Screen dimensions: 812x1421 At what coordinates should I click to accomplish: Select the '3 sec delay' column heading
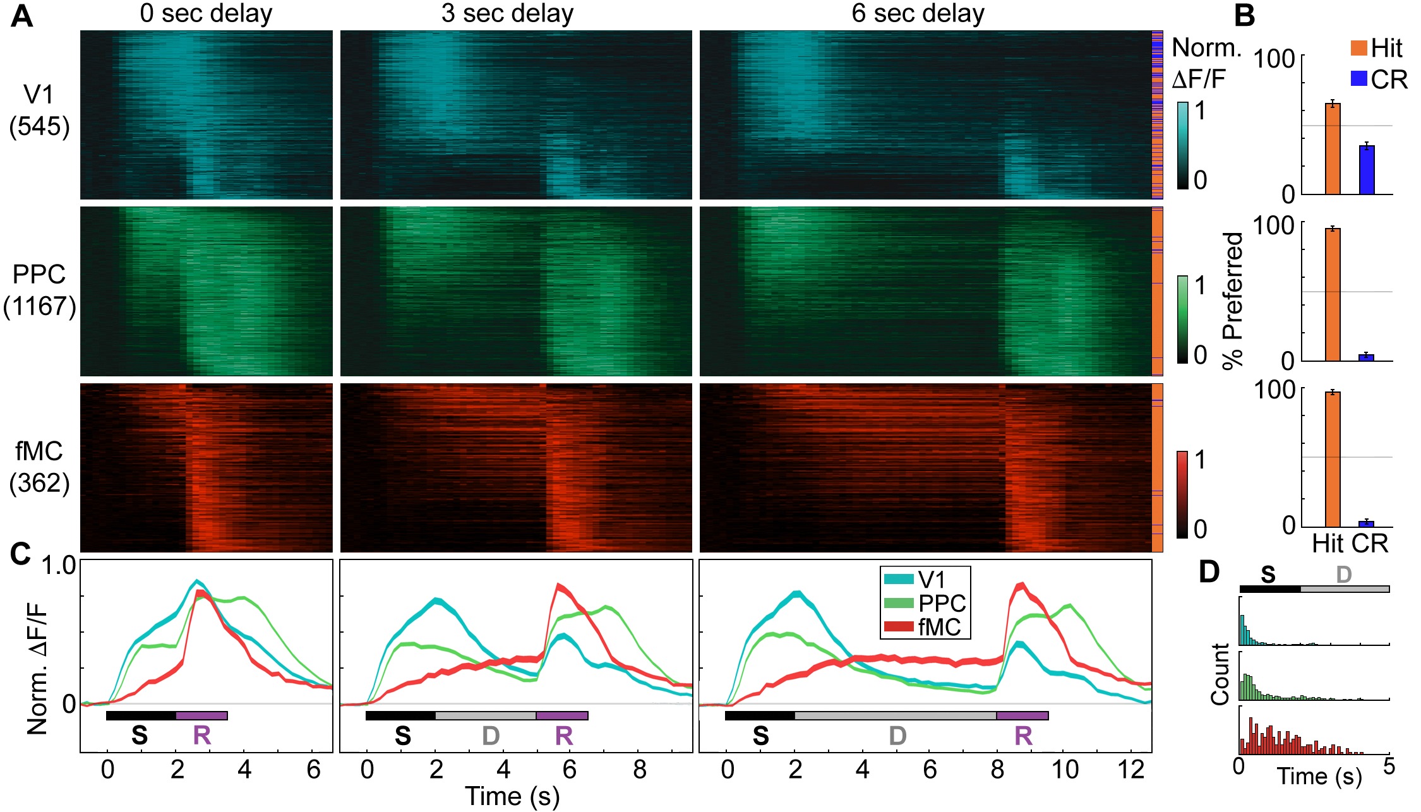(x=507, y=13)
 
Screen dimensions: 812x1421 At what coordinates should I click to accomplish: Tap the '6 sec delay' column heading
(x=918, y=13)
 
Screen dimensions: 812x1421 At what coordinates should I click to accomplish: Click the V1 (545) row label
(x=39, y=110)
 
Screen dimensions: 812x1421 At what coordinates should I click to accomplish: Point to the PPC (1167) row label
(x=39, y=290)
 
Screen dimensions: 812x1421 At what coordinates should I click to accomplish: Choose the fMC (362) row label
(x=39, y=467)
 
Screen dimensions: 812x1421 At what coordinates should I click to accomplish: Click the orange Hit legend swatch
(x=1358, y=47)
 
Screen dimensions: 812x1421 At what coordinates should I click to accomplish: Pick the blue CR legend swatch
(x=1358, y=79)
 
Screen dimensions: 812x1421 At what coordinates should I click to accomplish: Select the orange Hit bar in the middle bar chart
(x=1333, y=295)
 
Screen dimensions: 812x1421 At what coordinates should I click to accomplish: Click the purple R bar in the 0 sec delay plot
(x=201, y=715)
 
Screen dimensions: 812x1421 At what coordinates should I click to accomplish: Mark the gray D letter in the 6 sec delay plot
(x=897, y=736)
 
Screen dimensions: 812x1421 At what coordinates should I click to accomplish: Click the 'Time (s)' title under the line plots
(x=512, y=796)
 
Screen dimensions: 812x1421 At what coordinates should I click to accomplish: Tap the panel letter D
(x=1209, y=572)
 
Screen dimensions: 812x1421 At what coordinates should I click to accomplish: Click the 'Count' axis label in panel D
(x=1220, y=674)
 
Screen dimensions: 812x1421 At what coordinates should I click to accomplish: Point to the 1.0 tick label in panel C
(x=59, y=566)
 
